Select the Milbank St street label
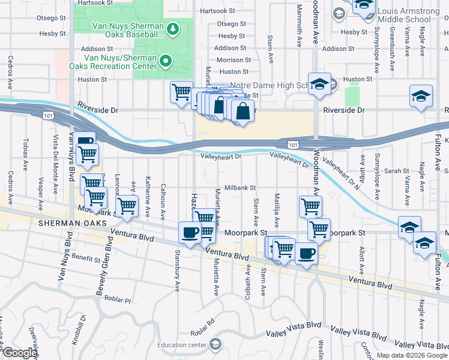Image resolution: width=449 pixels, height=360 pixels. tap(240, 188)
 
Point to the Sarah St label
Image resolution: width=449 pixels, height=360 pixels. tap(397, 171)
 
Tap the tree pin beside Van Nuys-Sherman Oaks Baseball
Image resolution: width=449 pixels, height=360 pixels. tap(173, 28)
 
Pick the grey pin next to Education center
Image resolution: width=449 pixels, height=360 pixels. tap(215, 344)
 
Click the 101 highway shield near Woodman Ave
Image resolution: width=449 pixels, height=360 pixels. tap(292, 145)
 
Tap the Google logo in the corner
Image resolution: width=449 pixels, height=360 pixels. tap(20, 353)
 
